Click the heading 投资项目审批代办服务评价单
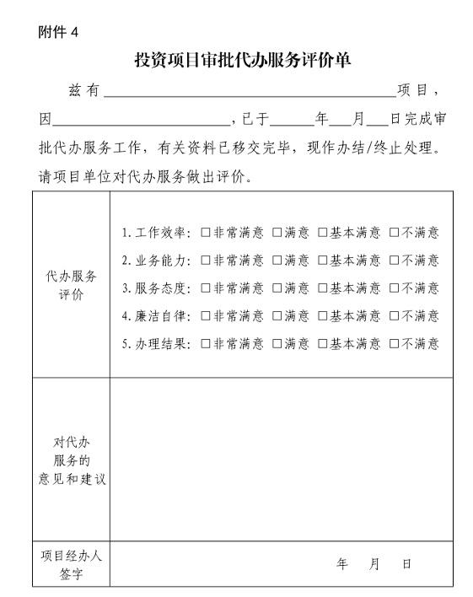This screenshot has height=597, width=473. pos(243,60)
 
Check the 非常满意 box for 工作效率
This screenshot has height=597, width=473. pos(206,233)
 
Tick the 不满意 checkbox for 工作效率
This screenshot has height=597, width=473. pos(394,233)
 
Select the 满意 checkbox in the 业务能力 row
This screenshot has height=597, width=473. pos(277,261)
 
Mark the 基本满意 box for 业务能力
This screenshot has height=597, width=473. pos(323,261)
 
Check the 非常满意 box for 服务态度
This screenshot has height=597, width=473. pos(206,288)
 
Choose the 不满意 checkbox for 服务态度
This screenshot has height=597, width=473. pos(394,288)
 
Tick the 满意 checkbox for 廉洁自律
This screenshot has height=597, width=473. pos(277,316)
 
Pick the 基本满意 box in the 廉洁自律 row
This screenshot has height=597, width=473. pos(323,316)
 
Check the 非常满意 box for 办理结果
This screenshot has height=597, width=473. pos(206,344)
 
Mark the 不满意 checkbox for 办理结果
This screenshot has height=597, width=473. pos(394,344)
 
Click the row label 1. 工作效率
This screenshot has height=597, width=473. pos(157,233)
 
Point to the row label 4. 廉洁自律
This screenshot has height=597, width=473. pos(157,316)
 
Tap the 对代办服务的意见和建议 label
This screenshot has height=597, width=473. pos(71,460)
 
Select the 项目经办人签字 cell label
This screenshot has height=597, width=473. pos(71,565)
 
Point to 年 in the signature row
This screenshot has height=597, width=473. pos(342,564)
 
